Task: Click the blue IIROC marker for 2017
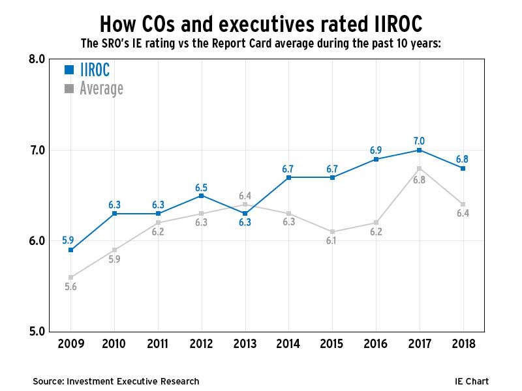[x=419, y=150]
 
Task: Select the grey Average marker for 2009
[x=70, y=277]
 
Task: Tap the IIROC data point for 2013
[x=245, y=213]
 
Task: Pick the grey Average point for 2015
[x=332, y=231]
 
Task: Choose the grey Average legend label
[x=101, y=88]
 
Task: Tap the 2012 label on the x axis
[x=201, y=344]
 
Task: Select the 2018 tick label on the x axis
[x=463, y=344]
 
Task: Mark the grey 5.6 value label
[x=70, y=287]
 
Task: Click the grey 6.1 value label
[x=332, y=242]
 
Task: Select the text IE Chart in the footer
[x=471, y=381]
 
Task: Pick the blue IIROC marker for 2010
[x=114, y=213]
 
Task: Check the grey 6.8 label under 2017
[x=419, y=180]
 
